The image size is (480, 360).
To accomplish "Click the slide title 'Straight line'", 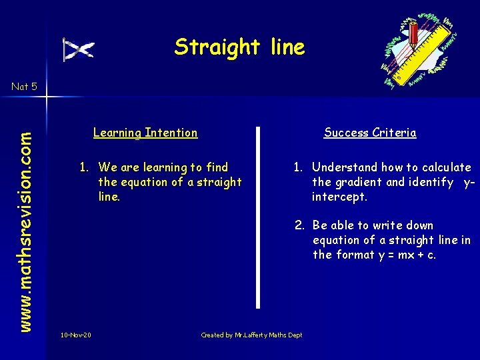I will [x=239, y=47].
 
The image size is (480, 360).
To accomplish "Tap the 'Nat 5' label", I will [x=24, y=86].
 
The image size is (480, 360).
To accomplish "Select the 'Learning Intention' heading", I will [x=145, y=133].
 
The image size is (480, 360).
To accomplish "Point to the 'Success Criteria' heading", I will [x=370, y=133].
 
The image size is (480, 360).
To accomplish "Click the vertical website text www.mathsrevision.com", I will [x=25, y=211].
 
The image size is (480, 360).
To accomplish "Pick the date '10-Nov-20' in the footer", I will [x=76, y=335].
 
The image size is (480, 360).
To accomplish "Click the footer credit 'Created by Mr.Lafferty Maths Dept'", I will [x=251, y=335].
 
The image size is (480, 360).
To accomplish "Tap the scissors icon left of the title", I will [x=79, y=49].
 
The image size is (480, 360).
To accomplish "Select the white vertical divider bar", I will [x=259, y=217].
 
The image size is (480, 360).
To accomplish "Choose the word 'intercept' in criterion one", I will [x=339, y=197].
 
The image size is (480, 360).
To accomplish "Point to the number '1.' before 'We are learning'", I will [x=85, y=167].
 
